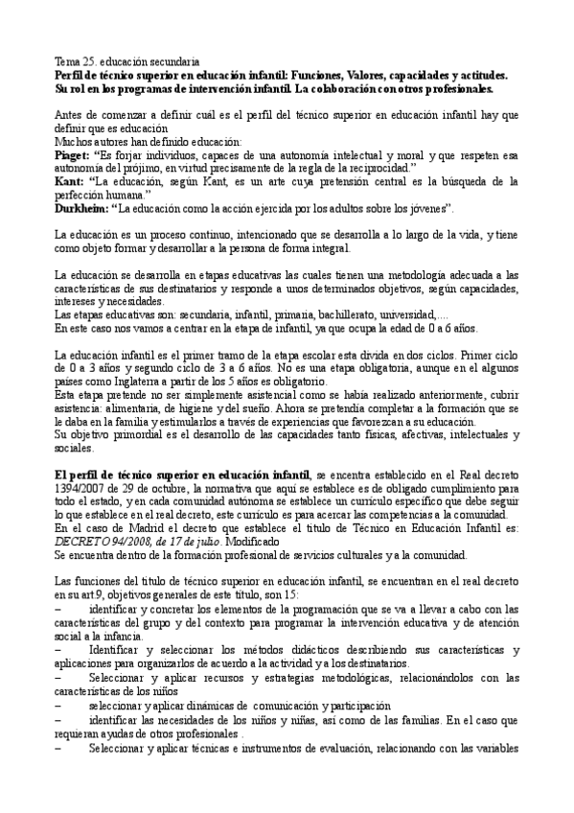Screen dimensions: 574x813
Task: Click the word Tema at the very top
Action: [66, 61]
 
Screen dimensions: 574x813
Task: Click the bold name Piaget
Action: [71, 153]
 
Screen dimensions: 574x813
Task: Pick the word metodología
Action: [416, 275]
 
